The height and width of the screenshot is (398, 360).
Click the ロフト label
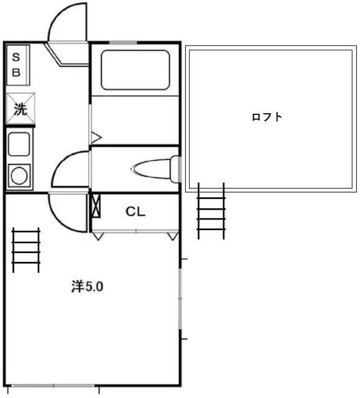pos(267,117)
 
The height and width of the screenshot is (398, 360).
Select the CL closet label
pos(136,211)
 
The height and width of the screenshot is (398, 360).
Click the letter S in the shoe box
pos(17,57)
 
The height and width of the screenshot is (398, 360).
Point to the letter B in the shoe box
pos(17,72)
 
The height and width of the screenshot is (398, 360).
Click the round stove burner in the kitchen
pos(19,176)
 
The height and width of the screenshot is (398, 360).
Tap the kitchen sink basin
pos(19,145)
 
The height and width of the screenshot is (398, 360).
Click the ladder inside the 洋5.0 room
pos(26,249)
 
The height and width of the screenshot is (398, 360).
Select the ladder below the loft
pos(211,210)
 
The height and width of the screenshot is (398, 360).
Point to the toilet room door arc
pos(68,168)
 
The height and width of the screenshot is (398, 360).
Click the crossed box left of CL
pos(95,205)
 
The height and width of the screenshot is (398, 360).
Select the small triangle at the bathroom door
pos(96,136)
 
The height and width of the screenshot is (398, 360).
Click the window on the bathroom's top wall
pos(123,42)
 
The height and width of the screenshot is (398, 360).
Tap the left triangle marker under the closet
pos(97,236)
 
